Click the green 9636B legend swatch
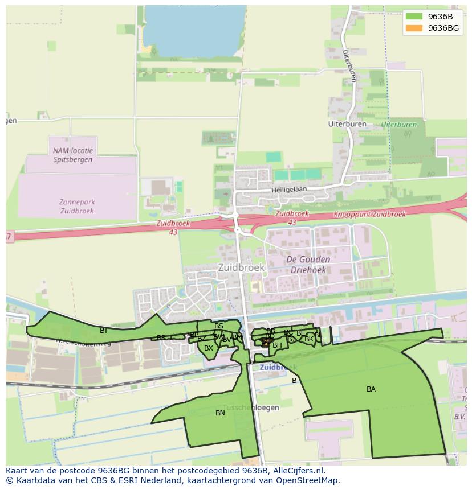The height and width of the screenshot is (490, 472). point(414,17)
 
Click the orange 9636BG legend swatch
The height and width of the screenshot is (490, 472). point(414,28)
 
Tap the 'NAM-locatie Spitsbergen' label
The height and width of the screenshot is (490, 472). point(72,155)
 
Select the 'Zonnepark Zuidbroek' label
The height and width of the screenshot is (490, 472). point(77,206)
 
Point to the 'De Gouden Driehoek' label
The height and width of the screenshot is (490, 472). point(308,265)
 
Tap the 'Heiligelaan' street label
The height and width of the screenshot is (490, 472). point(289,189)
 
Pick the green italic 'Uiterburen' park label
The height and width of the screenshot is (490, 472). point(399,124)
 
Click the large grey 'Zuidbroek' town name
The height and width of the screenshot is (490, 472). point(241,267)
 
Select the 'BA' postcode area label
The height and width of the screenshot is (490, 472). point(371,389)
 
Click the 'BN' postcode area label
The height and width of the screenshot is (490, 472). point(220,413)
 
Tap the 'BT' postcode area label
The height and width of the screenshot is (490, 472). point(104,330)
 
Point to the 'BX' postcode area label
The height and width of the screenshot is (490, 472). point(209,348)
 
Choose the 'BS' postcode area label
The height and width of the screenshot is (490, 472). point(219,326)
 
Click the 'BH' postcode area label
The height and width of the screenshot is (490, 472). point(277,345)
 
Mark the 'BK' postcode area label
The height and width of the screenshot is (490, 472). point(308,339)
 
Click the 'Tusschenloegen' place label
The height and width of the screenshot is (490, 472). point(251,407)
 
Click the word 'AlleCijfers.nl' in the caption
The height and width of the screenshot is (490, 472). point(298,471)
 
